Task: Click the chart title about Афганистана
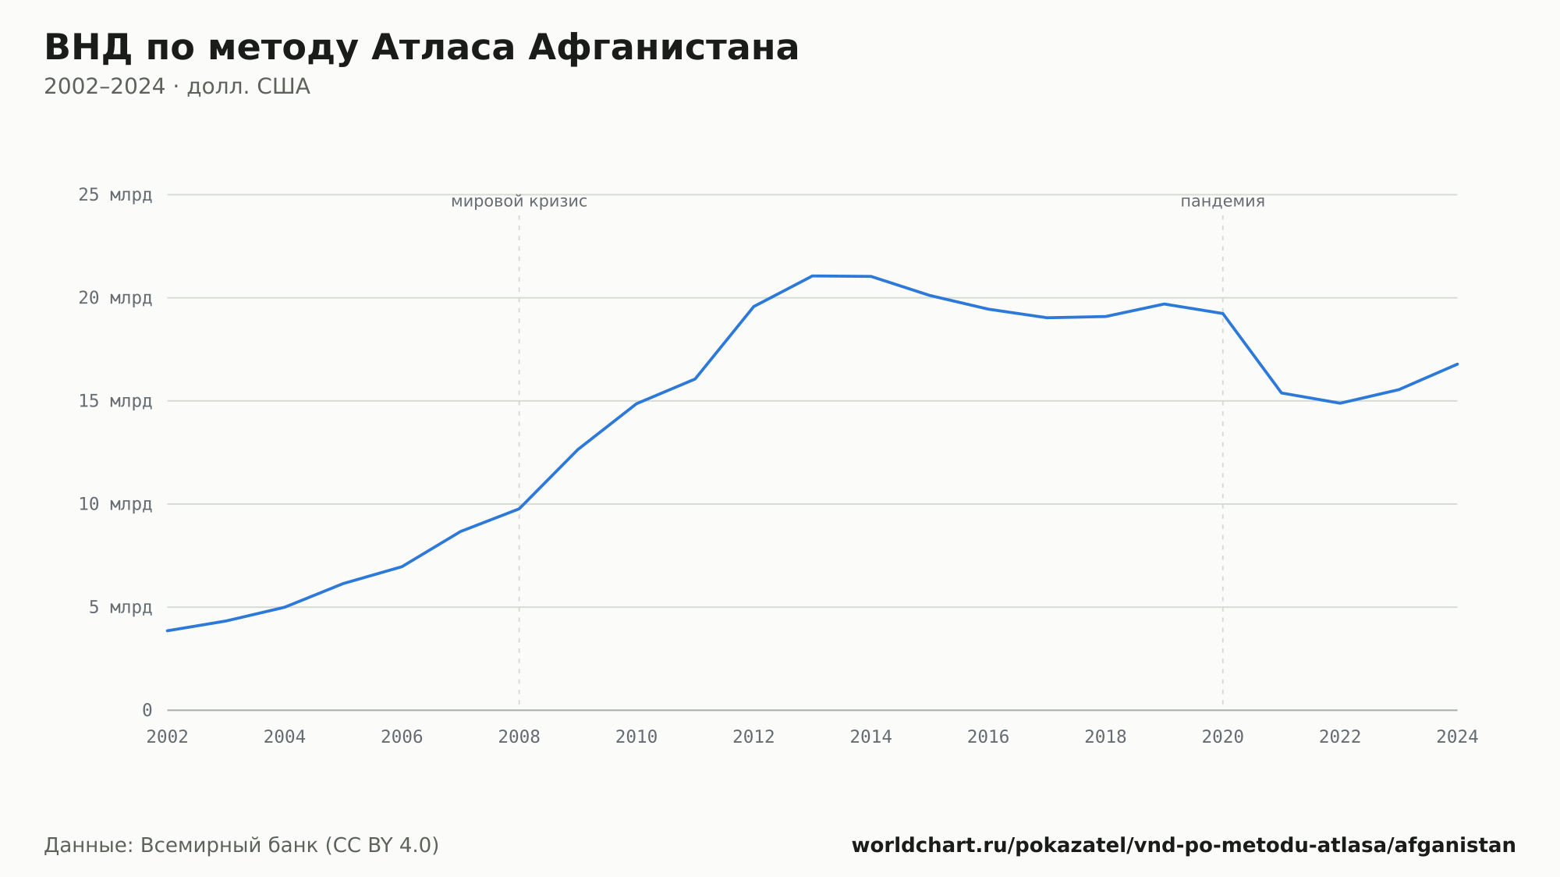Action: (x=421, y=48)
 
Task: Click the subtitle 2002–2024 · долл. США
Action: (x=177, y=87)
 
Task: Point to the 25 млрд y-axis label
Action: (x=115, y=194)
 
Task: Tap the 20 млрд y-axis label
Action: (x=115, y=298)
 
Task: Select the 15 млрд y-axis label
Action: (x=115, y=401)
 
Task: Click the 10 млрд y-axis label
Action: (x=115, y=504)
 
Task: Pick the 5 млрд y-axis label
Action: (x=120, y=607)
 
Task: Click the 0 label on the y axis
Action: (x=147, y=710)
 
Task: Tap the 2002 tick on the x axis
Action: (x=168, y=737)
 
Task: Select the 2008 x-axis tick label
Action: (x=519, y=737)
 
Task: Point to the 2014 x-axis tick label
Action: (x=871, y=737)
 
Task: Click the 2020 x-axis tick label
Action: (x=1223, y=737)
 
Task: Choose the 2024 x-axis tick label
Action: (x=1457, y=737)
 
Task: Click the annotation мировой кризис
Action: (x=519, y=201)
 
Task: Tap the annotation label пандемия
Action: (x=1222, y=201)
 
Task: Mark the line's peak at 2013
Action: (x=813, y=276)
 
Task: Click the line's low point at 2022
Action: (x=1340, y=403)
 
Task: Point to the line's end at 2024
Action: (x=1457, y=364)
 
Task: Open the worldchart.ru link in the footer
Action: (x=1184, y=846)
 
